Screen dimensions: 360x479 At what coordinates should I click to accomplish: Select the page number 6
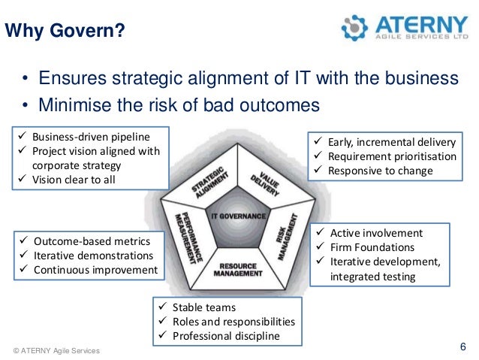462,346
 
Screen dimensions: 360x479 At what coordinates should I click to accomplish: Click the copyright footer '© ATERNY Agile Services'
56,351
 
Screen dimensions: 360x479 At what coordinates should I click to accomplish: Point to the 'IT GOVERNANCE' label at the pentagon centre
239,216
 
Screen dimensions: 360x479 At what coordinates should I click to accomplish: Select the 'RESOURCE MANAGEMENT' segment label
239,270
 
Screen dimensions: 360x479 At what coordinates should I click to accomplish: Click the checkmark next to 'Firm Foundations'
321,247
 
